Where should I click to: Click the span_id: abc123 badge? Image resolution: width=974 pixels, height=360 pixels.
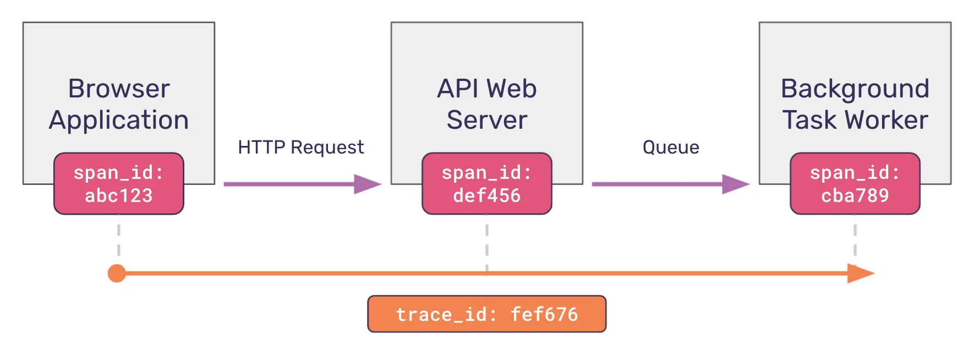pyautogui.click(x=118, y=184)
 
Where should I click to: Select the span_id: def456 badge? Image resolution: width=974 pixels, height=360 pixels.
pyautogui.click(x=486, y=184)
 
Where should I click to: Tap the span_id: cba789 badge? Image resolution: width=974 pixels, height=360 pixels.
pyautogui.click(x=855, y=184)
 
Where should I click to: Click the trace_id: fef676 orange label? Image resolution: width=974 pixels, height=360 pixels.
pyautogui.click(x=486, y=314)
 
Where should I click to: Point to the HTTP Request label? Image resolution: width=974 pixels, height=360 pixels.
pyautogui.click(x=300, y=148)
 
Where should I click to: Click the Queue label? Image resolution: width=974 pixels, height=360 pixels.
pyautogui.click(x=671, y=148)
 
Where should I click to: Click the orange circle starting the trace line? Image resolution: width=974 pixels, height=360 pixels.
pyautogui.click(x=117, y=273)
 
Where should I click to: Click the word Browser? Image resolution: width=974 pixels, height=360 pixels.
pyautogui.click(x=119, y=89)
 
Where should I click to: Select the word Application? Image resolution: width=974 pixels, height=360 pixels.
pyautogui.click(x=119, y=120)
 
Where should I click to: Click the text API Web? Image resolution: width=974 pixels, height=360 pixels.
pyautogui.click(x=486, y=89)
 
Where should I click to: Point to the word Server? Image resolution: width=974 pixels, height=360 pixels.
pyautogui.click(x=486, y=120)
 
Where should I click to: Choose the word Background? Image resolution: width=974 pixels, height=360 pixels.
pyautogui.click(x=855, y=89)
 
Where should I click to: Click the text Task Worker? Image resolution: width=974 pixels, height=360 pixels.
pyautogui.click(x=855, y=120)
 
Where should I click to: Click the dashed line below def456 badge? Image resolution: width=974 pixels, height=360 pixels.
pyautogui.click(x=487, y=242)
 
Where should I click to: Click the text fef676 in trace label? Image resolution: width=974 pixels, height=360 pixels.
pyautogui.click(x=544, y=314)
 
